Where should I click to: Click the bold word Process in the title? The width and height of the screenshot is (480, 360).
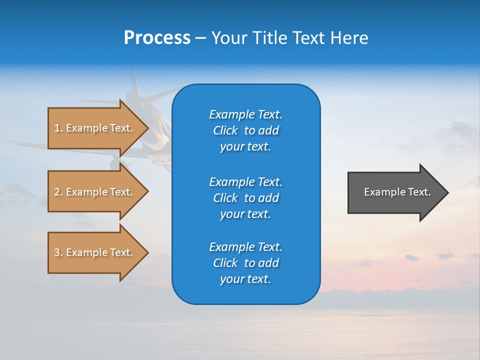coord(157,38)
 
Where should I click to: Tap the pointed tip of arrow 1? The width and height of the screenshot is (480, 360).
coord(147,128)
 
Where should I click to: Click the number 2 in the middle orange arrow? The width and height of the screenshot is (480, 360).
coord(56,192)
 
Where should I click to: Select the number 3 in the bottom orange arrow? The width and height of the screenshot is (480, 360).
coord(56,252)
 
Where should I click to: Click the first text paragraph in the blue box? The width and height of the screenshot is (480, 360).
coord(245,130)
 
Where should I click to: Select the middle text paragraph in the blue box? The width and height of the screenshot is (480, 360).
coord(245,197)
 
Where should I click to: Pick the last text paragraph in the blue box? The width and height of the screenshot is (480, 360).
coord(245,263)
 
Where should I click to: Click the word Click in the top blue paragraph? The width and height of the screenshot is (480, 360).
coord(225,130)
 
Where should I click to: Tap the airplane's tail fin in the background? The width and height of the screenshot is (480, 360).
coord(134,80)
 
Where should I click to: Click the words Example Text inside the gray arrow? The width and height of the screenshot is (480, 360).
coord(397,192)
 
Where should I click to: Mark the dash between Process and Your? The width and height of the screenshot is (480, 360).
coord(201,38)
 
